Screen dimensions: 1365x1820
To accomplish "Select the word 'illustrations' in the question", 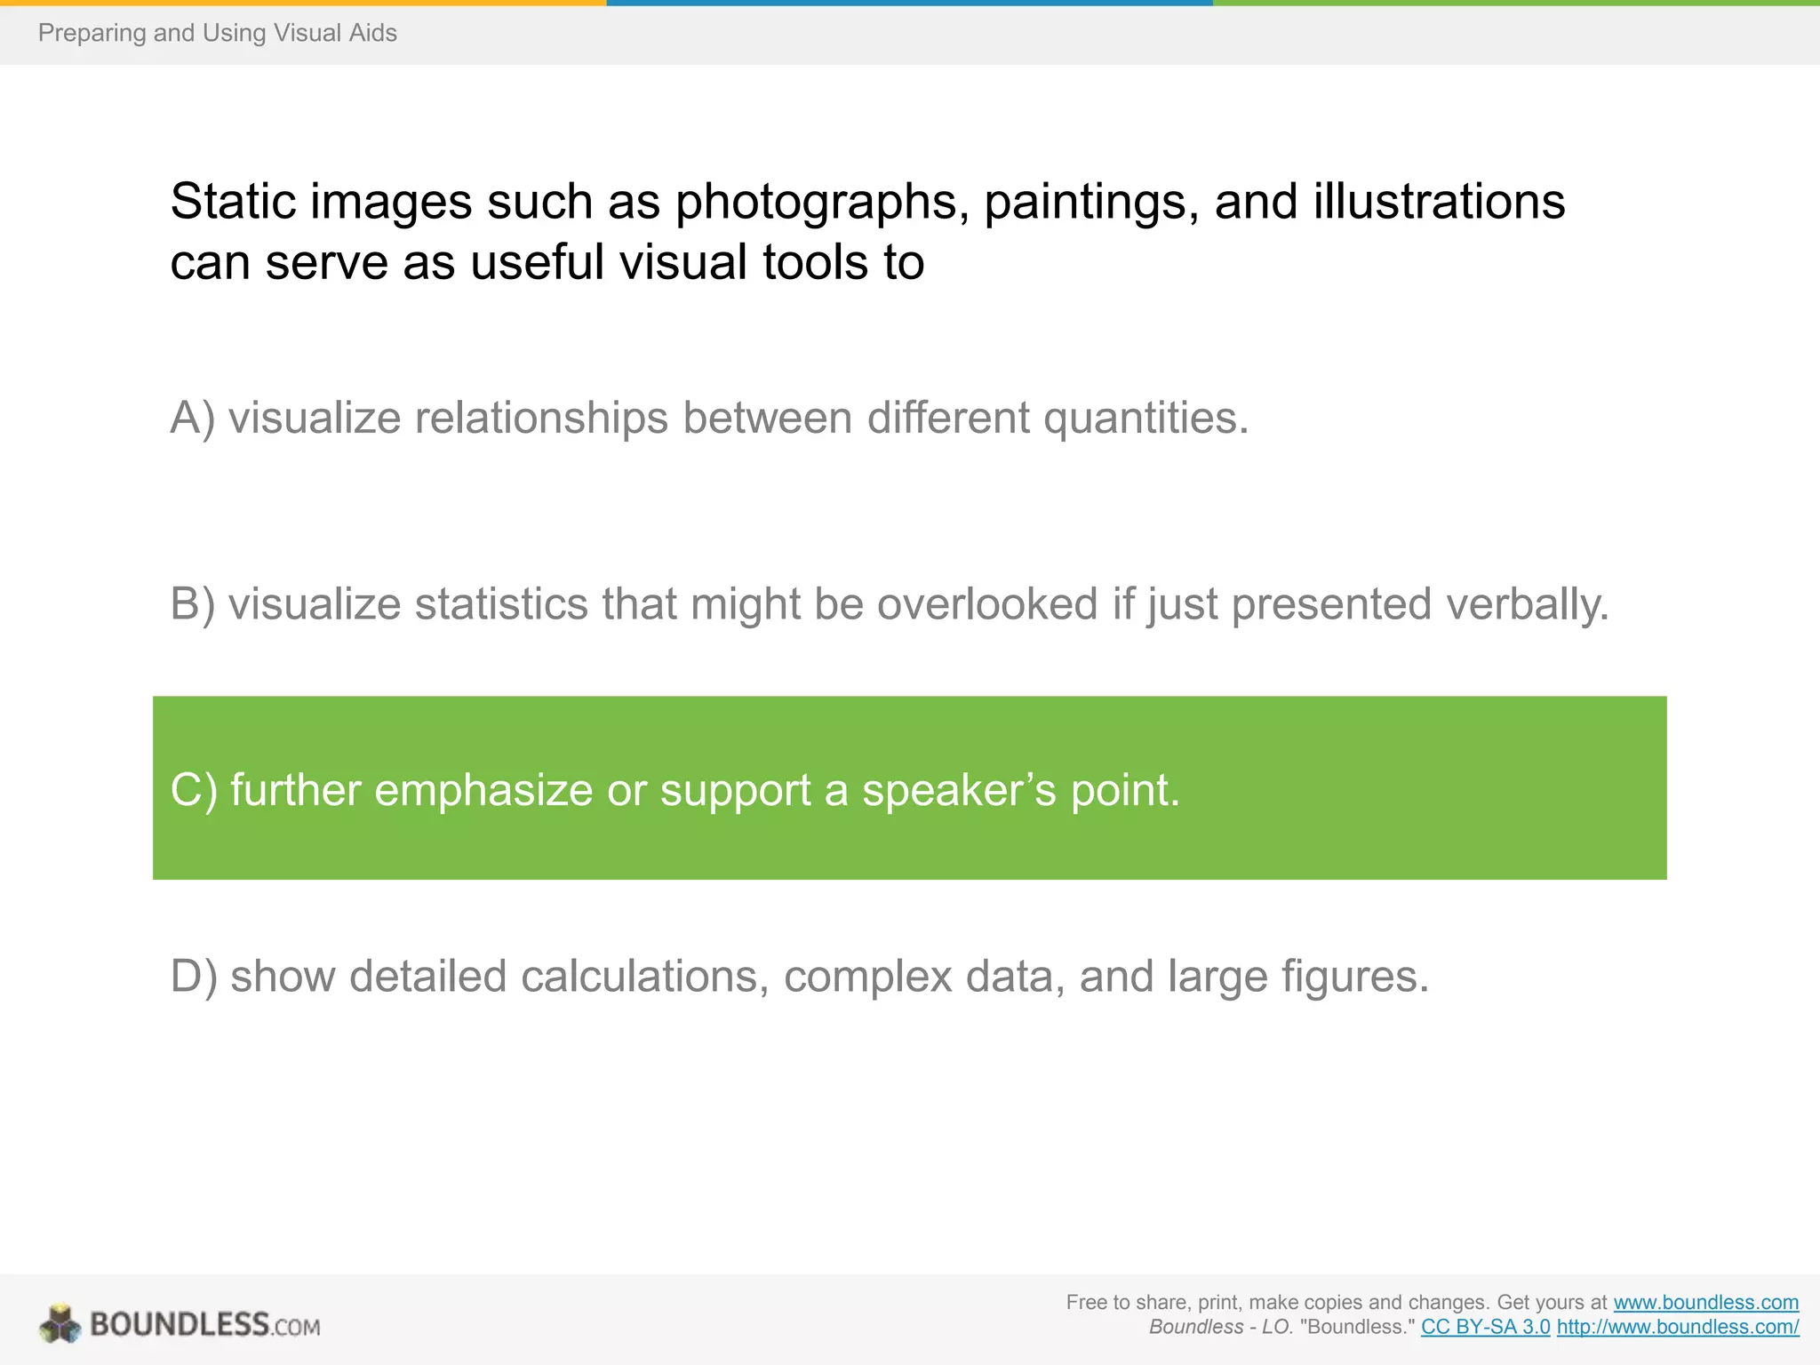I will [x=1439, y=202].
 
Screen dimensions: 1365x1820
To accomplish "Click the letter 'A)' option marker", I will [x=193, y=418].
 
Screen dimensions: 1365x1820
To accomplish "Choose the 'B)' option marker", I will [x=193, y=604].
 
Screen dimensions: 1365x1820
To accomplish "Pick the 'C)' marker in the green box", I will [x=194, y=789].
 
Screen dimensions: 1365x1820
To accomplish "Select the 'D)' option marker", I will [x=194, y=976].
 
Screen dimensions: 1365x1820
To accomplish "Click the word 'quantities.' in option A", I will [x=1146, y=418].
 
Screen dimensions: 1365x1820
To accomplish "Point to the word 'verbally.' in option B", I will [x=1528, y=604].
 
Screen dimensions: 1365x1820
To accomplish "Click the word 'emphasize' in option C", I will [x=483, y=789].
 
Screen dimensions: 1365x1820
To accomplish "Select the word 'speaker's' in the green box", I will [x=960, y=789].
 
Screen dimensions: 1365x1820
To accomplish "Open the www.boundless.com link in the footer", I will [x=1705, y=1303].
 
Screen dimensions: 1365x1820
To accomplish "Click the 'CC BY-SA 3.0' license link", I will [x=1485, y=1328].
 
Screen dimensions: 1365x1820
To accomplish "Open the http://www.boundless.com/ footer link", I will [x=1678, y=1328].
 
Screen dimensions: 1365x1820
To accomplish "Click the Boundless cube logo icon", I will [x=60, y=1324].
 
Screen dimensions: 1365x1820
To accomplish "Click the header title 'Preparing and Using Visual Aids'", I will [x=218, y=33].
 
